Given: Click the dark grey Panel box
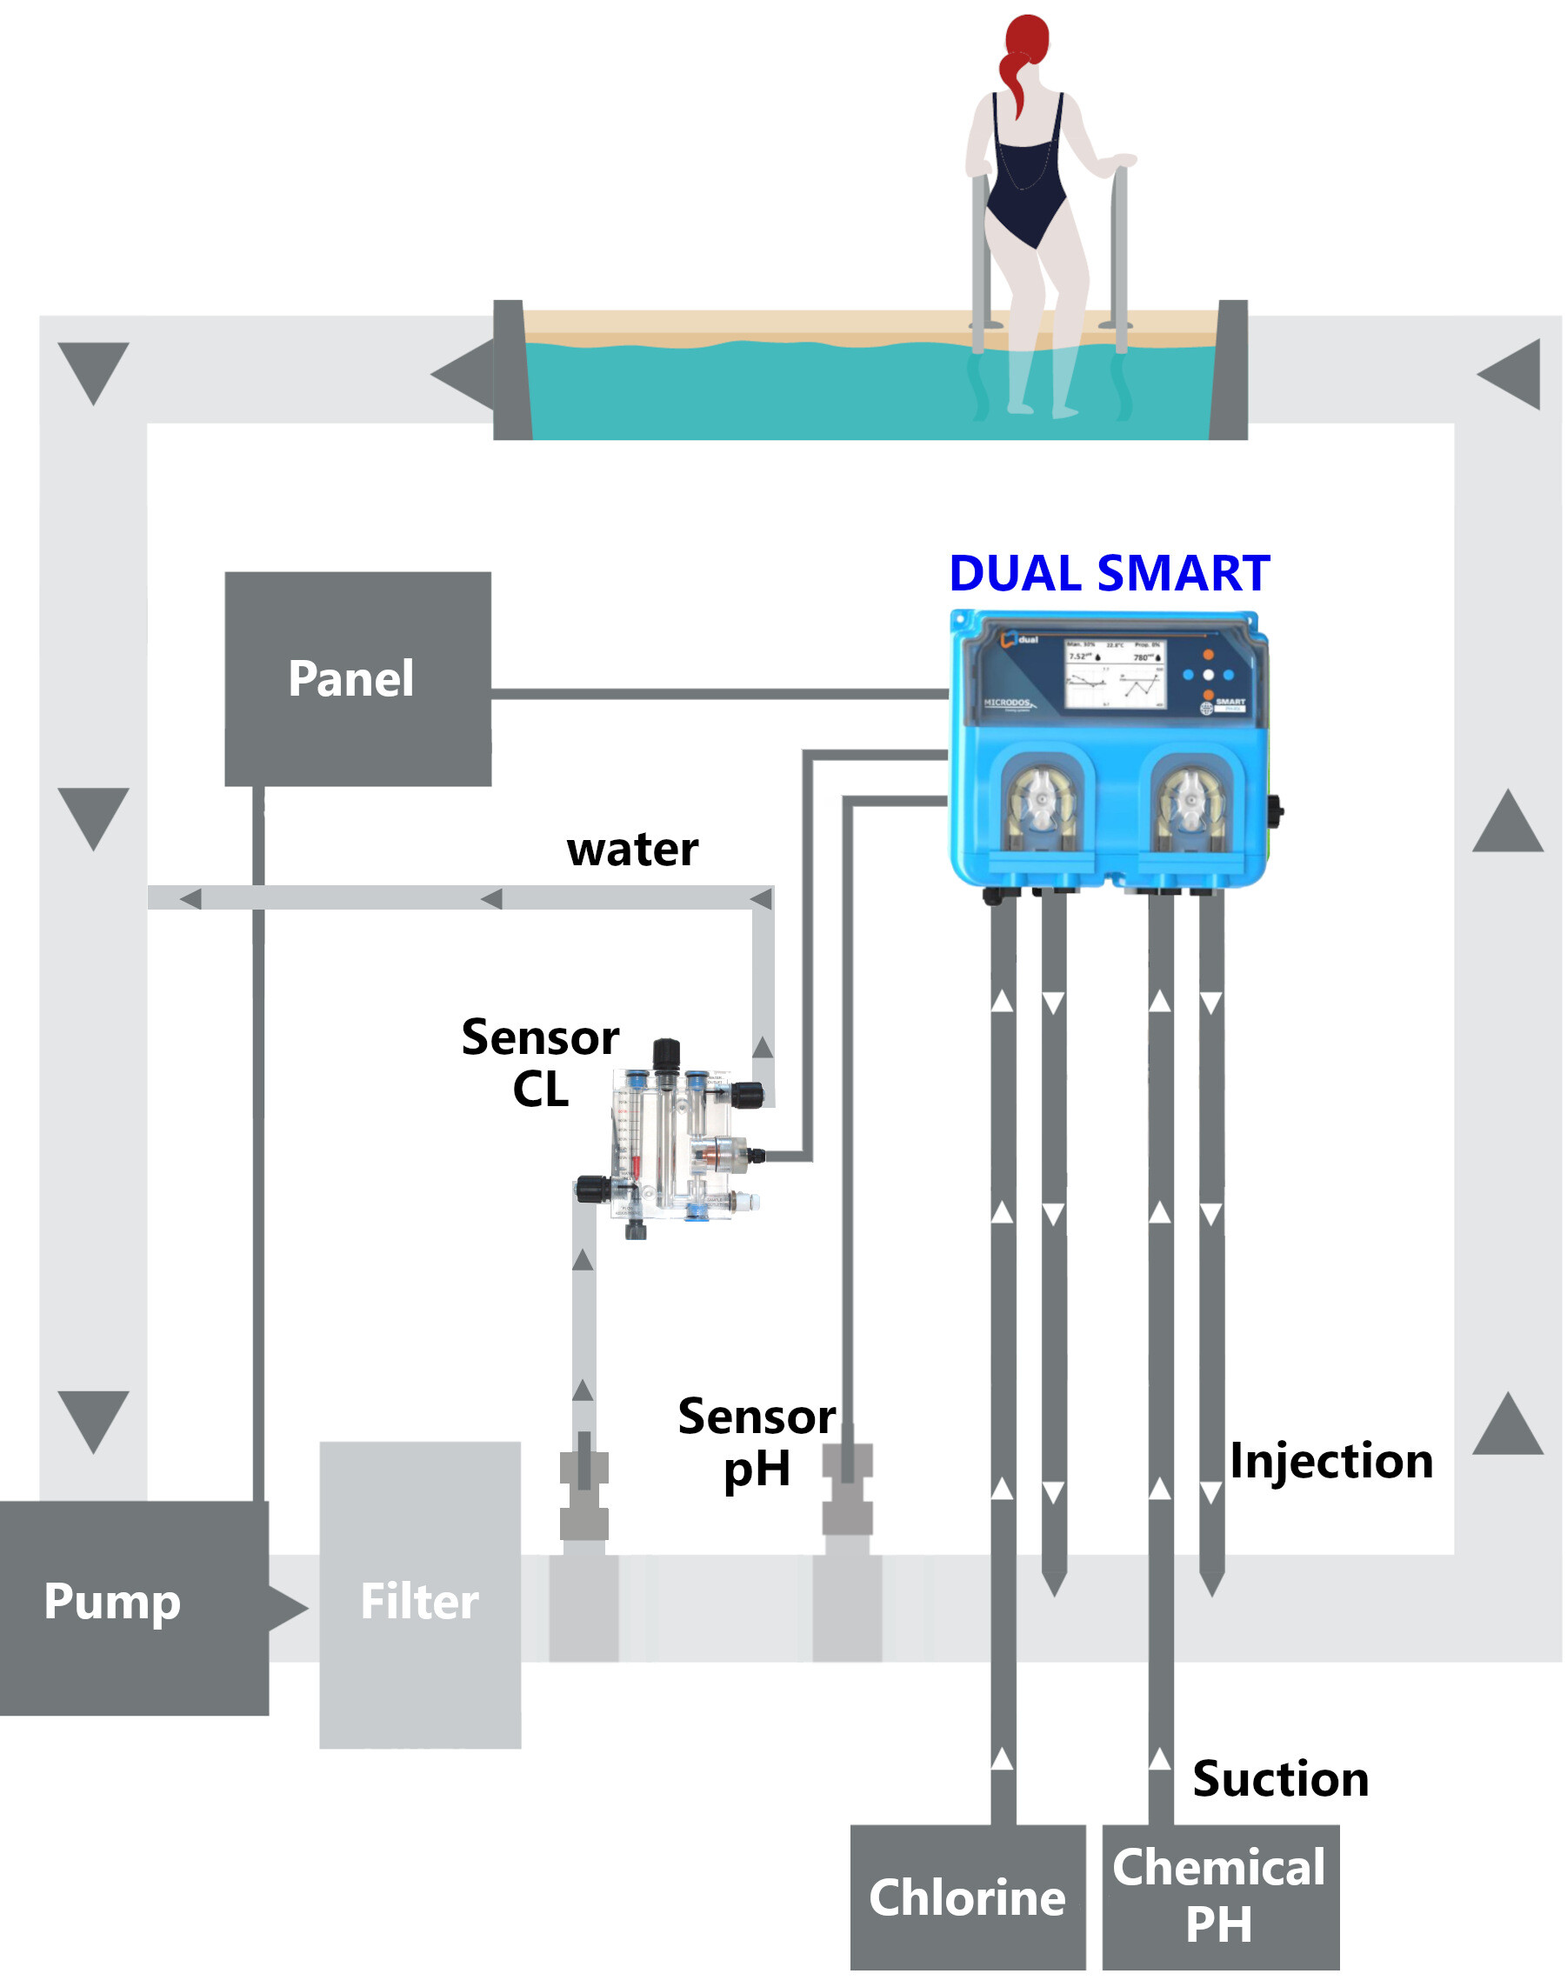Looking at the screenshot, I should pyautogui.click(x=357, y=679).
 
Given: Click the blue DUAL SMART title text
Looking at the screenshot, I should pyautogui.click(x=1110, y=574).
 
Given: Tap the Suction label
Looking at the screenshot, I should pyautogui.click(x=1281, y=1779).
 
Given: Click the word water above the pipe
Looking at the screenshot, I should pyautogui.click(x=632, y=850).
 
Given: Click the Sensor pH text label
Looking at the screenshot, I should pyautogui.click(x=756, y=1442).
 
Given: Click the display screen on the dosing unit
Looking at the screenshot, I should pyautogui.click(x=1115, y=674).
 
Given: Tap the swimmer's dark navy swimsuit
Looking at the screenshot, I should pyautogui.click(x=1028, y=174).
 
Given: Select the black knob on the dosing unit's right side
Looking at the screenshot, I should pyautogui.click(x=1275, y=811).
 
